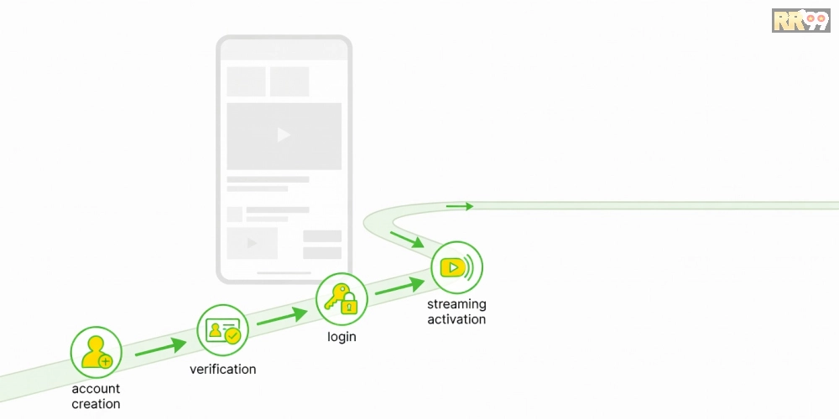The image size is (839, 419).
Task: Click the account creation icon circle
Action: pos(96,352)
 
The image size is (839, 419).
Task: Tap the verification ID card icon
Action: pos(222,330)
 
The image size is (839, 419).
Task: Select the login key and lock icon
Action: pos(341,299)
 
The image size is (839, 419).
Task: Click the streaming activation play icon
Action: pos(457,267)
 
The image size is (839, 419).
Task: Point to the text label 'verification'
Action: pos(222,370)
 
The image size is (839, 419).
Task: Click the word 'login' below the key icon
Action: pos(341,337)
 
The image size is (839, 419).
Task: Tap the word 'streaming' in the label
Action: pos(456,305)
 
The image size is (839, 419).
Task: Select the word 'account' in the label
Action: pos(96,389)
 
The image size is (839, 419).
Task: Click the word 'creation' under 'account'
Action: pos(96,404)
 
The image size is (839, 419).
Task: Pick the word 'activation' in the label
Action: pos(456,319)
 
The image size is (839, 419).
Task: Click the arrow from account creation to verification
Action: pos(160,348)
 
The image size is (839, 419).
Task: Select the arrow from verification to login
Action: pos(282,317)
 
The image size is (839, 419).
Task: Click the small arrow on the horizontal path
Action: pos(460,206)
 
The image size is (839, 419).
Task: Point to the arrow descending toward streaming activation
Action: pos(407,240)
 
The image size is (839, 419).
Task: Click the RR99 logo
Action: pos(800,20)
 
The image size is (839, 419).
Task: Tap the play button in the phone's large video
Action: pos(284,135)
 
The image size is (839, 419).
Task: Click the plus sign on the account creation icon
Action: pos(106,362)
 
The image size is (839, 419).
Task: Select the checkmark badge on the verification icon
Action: pos(232,336)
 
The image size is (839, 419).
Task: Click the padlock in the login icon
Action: pos(349,304)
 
